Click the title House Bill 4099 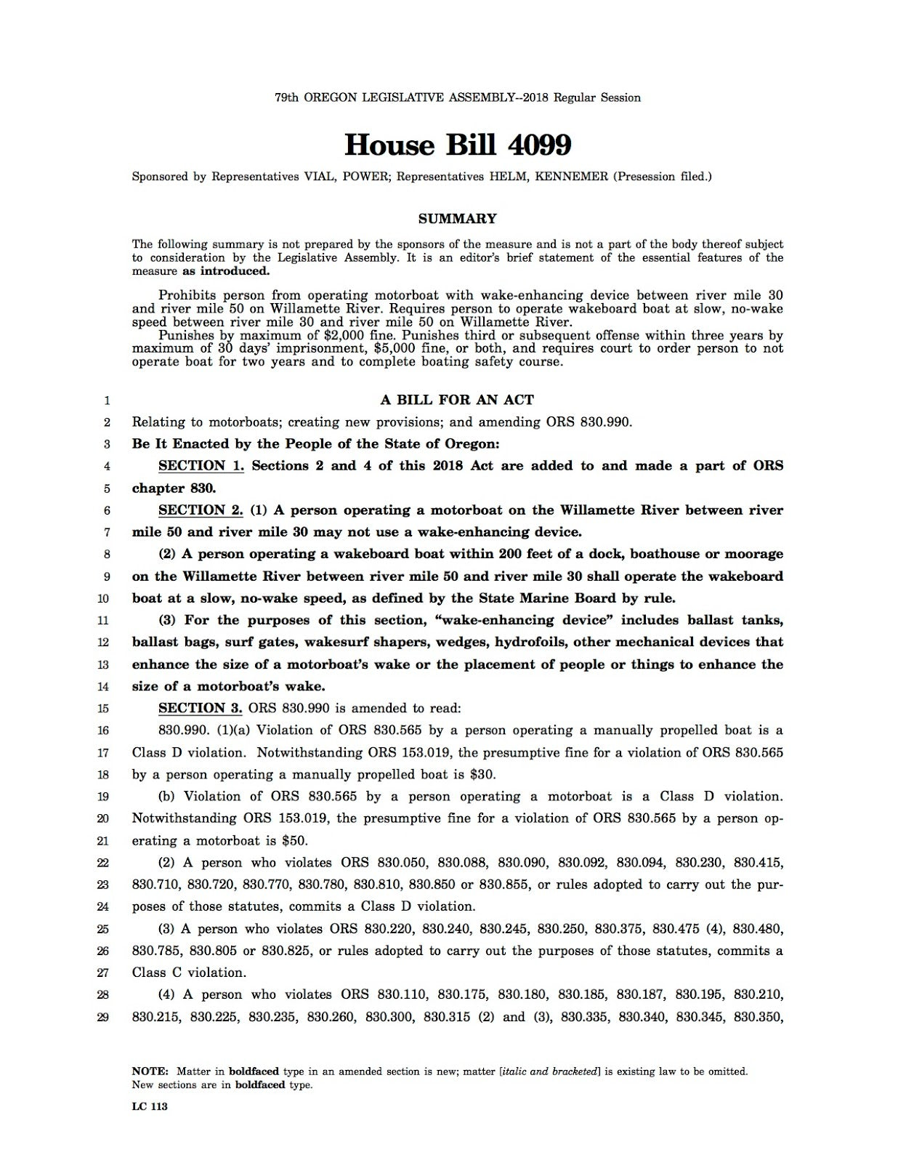click(x=457, y=145)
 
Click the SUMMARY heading click(x=457, y=218)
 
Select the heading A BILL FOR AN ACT click(x=457, y=400)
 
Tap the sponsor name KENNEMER click(x=571, y=177)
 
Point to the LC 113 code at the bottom click(x=150, y=1106)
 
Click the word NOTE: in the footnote click(x=150, y=1071)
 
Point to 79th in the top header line click(x=287, y=97)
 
